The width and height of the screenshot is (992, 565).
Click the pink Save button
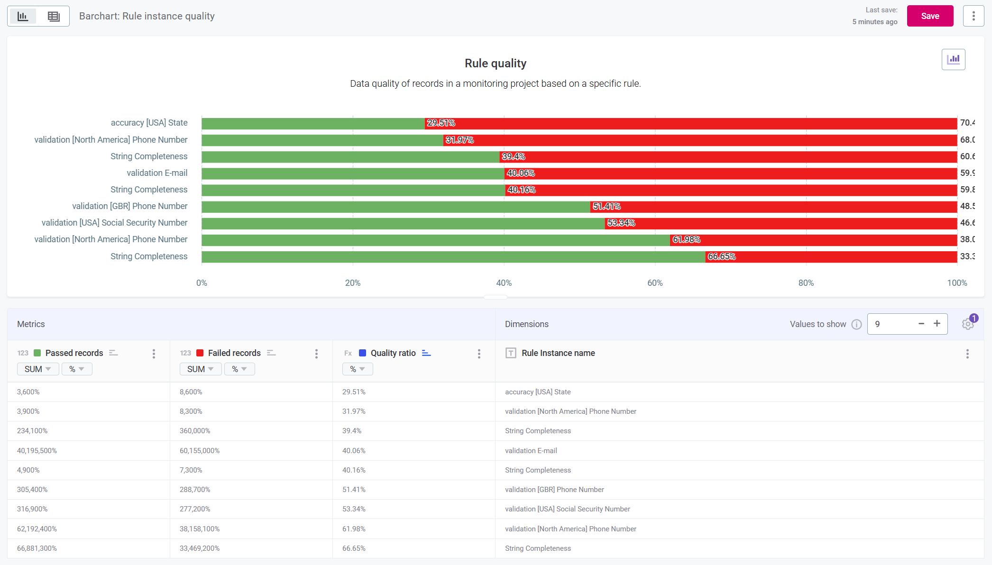coord(929,16)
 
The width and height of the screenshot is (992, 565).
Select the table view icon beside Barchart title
coord(54,17)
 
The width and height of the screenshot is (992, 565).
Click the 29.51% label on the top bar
coord(441,123)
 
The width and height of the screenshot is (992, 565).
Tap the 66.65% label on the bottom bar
coord(721,257)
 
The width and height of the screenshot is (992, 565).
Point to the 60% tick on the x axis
coord(655,283)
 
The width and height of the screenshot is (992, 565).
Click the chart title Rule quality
coord(495,64)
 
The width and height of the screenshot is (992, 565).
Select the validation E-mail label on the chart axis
coord(157,173)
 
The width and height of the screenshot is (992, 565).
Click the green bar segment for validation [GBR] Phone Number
coord(395,207)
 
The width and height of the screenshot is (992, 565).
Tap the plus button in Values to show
coord(937,324)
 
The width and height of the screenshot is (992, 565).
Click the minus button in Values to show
coord(921,324)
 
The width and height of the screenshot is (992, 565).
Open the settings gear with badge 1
coord(967,324)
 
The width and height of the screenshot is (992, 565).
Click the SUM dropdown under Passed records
coord(37,369)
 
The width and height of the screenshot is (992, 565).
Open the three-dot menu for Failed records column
coord(316,354)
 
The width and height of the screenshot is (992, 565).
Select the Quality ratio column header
coord(393,353)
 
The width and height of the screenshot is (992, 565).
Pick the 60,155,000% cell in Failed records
coord(200,451)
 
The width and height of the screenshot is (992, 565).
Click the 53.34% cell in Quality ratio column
coord(354,509)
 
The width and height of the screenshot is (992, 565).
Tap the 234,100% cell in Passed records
coord(32,431)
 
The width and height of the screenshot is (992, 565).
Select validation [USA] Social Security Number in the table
coord(567,509)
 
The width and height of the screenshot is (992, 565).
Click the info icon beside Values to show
coord(856,324)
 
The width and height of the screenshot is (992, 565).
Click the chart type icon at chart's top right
coord(953,60)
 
